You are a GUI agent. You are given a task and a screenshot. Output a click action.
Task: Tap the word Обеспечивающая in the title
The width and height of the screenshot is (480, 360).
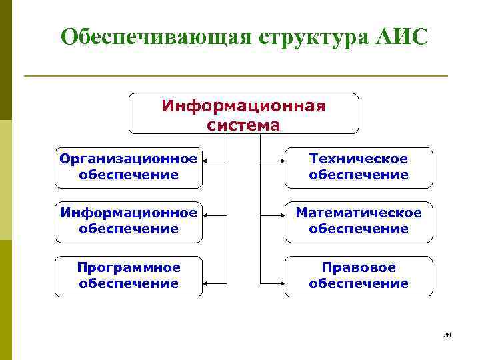tap(154, 37)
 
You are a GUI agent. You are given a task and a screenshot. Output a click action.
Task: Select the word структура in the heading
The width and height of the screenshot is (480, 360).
tap(304, 37)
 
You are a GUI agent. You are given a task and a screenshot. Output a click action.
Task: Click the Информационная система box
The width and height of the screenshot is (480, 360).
tap(243, 114)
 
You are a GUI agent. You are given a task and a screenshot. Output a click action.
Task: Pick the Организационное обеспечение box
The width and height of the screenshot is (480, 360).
tap(129, 167)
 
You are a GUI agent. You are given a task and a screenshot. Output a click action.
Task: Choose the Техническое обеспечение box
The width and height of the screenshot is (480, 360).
tap(358, 167)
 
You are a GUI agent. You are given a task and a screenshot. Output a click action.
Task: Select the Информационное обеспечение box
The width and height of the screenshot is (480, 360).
tap(129, 221)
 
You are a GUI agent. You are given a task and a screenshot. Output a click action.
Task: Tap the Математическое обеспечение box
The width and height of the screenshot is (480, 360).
tap(358, 221)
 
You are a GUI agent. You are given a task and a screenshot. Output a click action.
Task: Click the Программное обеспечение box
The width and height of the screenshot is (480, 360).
tap(129, 276)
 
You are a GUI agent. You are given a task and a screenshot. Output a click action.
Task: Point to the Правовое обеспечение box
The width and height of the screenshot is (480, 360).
tap(358, 276)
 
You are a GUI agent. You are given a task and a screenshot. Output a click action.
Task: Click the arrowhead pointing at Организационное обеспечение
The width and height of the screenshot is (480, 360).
tap(206, 161)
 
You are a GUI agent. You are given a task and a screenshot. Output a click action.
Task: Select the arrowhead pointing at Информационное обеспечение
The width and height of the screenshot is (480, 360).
tap(206, 215)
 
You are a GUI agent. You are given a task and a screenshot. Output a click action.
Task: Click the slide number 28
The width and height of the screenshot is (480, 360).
tap(447, 335)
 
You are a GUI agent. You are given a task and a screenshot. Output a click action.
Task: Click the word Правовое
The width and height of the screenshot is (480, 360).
tap(359, 267)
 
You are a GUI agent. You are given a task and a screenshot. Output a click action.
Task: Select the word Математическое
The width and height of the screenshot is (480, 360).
tap(359, 213)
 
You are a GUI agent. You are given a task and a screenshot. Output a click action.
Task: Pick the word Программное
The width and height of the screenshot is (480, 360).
tap(129, 267)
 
